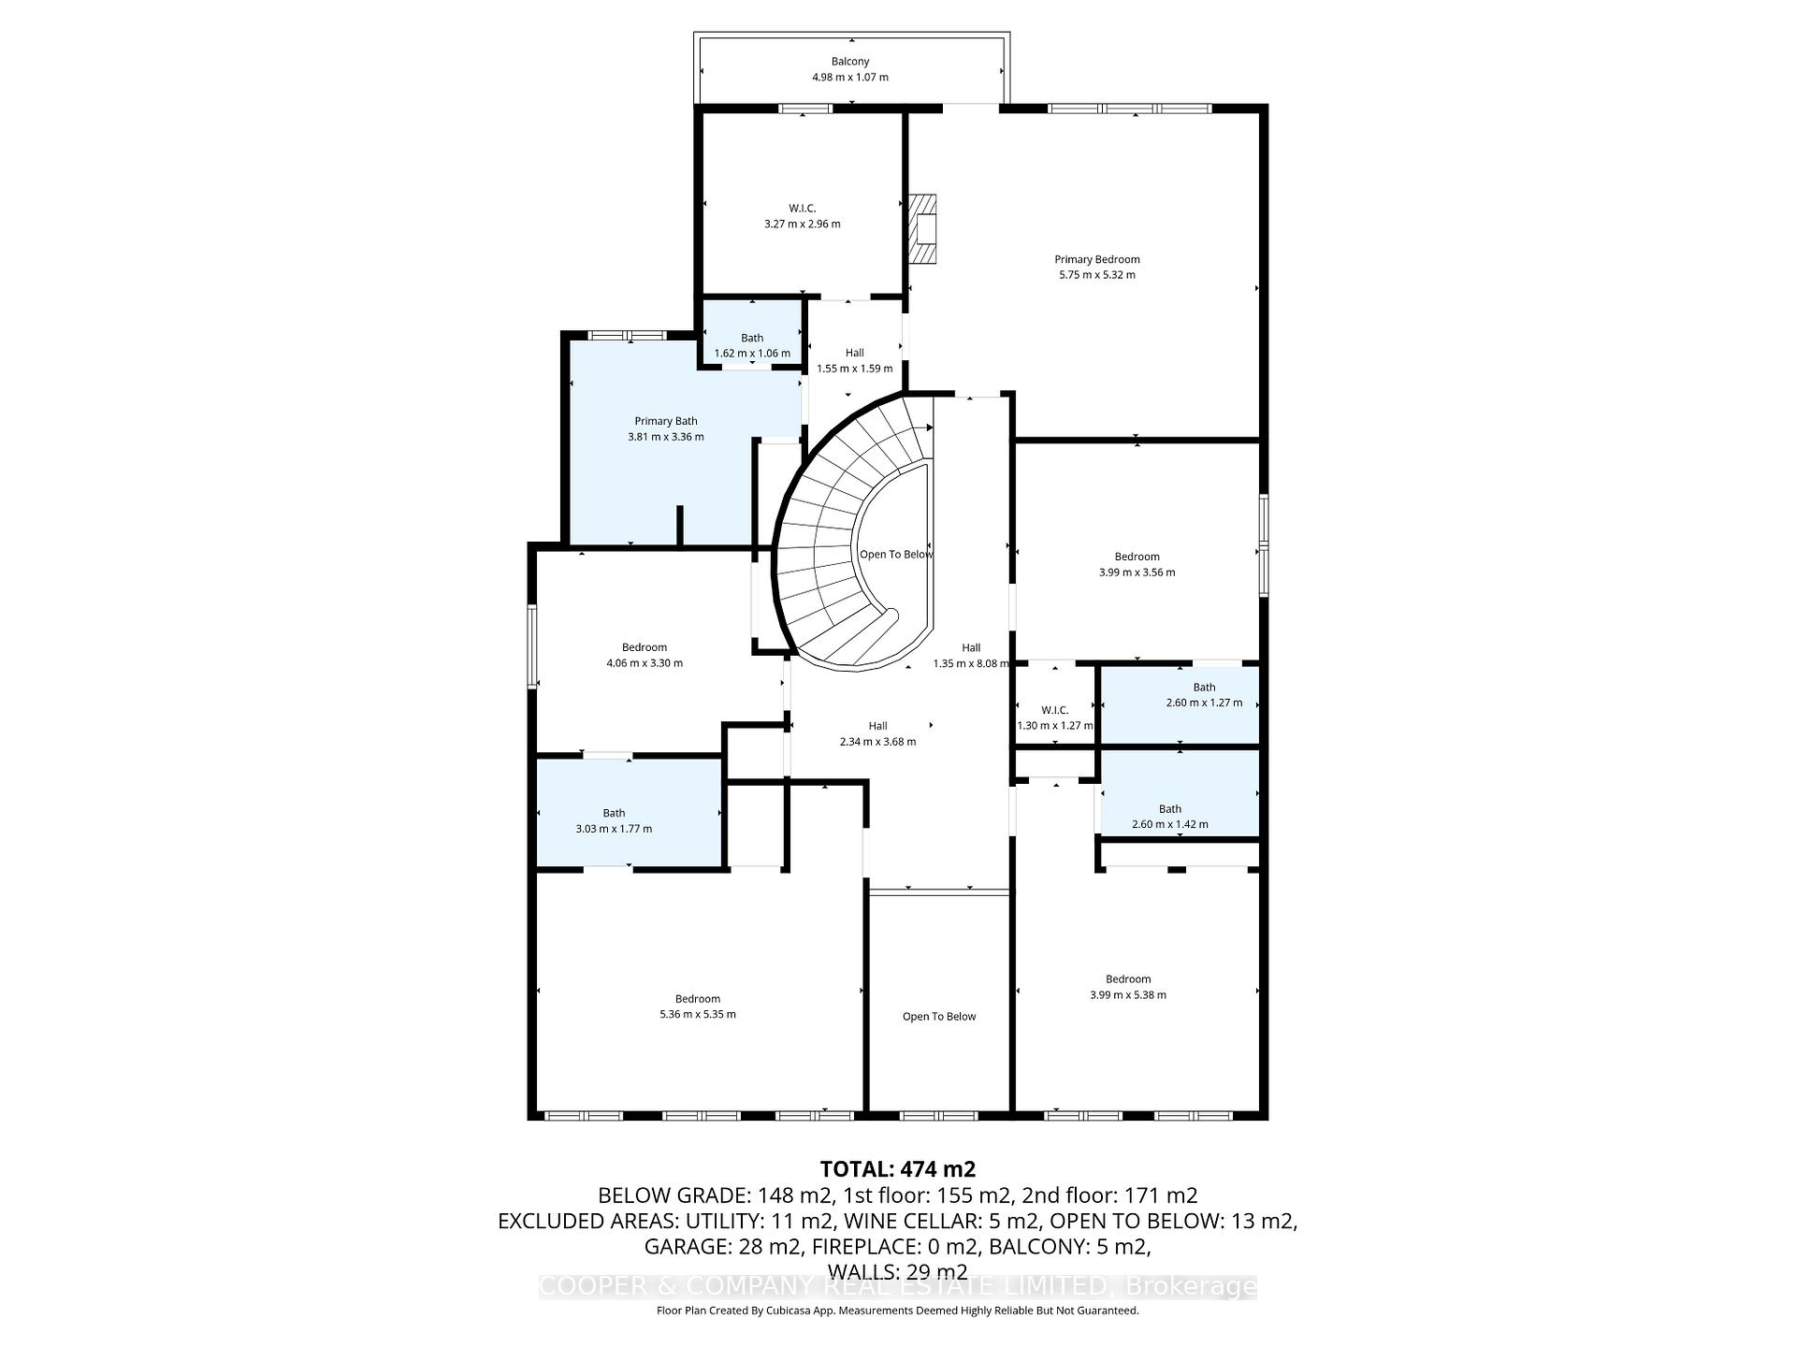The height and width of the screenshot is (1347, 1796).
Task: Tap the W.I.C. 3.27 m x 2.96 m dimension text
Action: point(802,224)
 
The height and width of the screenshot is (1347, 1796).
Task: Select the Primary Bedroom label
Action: point(1096,260)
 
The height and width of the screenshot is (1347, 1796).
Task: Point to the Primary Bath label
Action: point(665,422)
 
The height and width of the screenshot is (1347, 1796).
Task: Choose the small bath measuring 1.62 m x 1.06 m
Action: point(751,345)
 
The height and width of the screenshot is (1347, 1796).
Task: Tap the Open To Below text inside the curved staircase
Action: point(895,555)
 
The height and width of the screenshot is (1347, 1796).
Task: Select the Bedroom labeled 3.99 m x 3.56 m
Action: point(1137,564)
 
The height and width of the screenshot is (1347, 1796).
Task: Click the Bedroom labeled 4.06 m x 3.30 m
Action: point(644,655)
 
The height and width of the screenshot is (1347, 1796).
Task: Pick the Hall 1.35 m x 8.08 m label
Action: point(971,656)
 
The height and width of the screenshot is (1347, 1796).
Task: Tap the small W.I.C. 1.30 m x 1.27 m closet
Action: point(1054,717)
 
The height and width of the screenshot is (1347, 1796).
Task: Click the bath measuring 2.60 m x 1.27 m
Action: point(1203,695)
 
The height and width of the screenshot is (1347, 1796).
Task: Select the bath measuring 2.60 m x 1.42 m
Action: point(1169,817)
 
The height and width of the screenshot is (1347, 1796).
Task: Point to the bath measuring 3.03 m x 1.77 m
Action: point(614,820)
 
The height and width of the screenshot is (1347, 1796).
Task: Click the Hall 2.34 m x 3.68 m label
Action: point(877,733)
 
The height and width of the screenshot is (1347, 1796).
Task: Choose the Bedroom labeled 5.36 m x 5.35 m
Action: point(697,1007)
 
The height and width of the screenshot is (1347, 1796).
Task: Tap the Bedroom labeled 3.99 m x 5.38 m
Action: point(1127,987)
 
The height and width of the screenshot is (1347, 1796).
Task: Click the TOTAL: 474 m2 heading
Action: point(897,1169)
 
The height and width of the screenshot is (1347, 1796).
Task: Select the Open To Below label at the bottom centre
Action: point(938,1017)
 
